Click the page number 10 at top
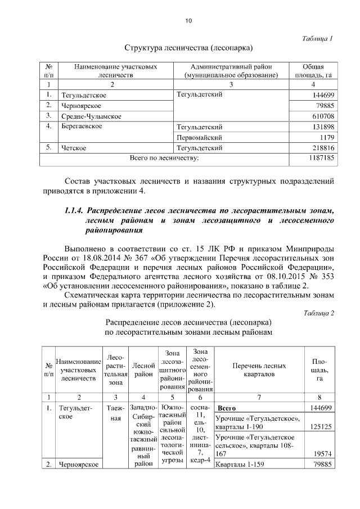point(188,21)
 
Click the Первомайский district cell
point(199,137)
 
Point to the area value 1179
point(327,137)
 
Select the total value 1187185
point(321,159)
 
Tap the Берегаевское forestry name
point(82,127)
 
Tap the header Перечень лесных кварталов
point(259,370)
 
